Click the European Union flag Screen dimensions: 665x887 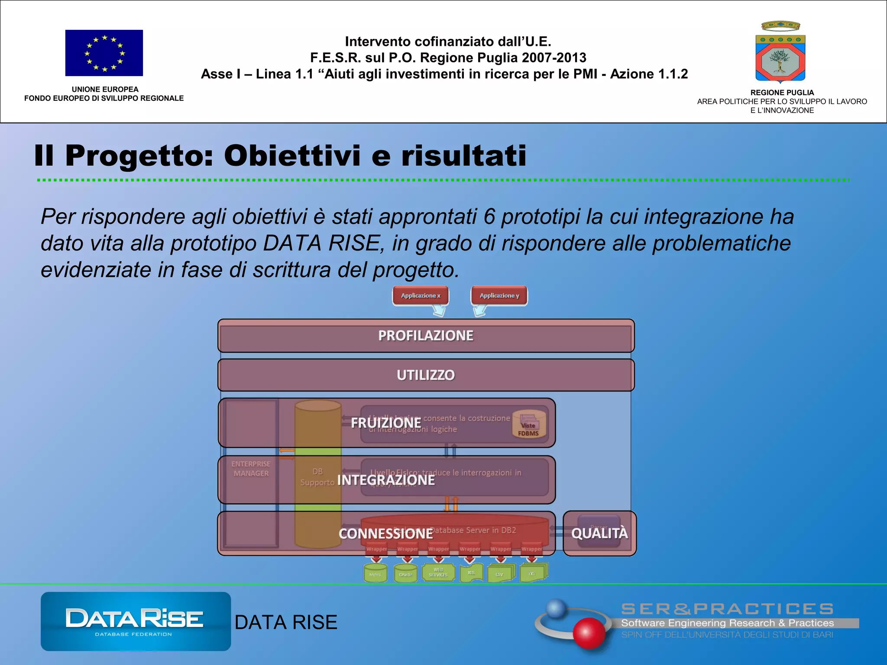point(104,53)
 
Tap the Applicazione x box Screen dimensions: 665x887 point(421,296)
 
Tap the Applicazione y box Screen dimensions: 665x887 point(499,296)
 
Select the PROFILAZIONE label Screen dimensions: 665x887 point(426,336)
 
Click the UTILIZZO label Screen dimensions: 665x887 point(426,375)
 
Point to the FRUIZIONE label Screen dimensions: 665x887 point(385,423)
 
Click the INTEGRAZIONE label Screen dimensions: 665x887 point(385,480)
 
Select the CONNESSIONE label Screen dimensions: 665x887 point(385,534)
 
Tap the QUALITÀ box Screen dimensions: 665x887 point(599,533)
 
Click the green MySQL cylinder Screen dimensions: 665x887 point(375,573)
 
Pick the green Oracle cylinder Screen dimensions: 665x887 point(406,573)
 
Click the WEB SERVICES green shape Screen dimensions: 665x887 point(438,572)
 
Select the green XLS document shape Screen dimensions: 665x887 point(471,573)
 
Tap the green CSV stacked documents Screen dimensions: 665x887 point(501,573)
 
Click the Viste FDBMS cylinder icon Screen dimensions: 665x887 point(528,425)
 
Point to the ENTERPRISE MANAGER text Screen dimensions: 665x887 point(251,469)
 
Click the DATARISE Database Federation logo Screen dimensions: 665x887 point(136,621)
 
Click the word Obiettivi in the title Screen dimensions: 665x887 point(292,155)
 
